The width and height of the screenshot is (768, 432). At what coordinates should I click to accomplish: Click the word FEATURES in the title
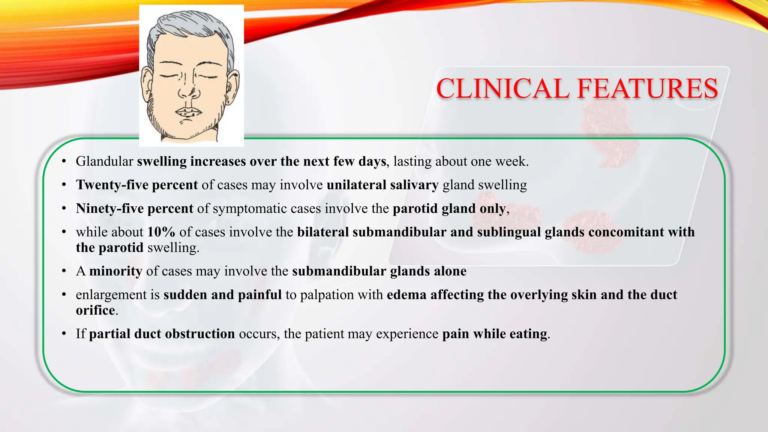tap(647, 89)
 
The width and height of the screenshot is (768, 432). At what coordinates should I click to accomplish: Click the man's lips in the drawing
tap(189, 112)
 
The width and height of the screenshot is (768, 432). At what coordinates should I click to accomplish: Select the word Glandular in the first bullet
tap(104, 161)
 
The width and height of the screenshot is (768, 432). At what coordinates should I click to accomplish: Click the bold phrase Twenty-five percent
tap(137, 185)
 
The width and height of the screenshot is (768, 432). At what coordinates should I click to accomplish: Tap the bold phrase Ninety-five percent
tap(135, 208)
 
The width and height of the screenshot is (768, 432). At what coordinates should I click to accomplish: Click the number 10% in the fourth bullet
tap(161, 232)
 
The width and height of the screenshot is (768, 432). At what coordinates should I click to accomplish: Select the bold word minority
tap(115, 271)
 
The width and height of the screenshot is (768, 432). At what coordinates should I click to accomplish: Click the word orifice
tap(95, 310)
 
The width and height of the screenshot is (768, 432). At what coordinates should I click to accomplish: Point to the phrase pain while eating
tap(495, 334)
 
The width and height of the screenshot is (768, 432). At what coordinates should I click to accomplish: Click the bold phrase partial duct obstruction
tap(162, 334)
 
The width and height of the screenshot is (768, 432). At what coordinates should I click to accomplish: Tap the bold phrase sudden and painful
tap(222, 295)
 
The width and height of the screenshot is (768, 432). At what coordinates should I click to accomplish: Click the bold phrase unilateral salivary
tap(382, 185)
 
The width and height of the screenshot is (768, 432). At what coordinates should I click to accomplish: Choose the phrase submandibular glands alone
tap(379, 271)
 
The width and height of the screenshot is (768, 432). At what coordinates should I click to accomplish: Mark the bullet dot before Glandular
tap(64, 162)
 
